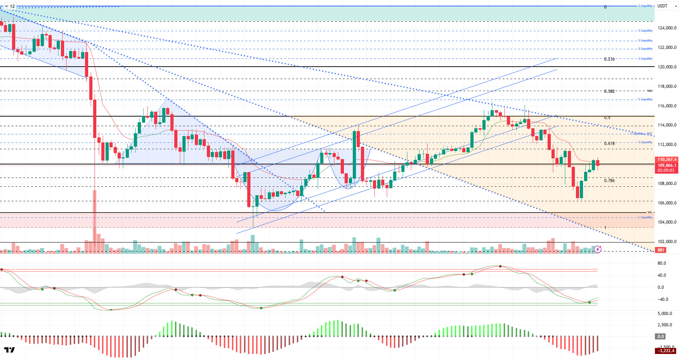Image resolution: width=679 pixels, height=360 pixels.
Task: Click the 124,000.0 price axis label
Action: pyautogui.click(x=667, y=28)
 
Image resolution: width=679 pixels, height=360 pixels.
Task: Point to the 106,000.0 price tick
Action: pyautogui.click(x=667, y=203)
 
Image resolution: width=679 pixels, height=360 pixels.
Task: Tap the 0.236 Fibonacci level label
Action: pyautogui.click(x=609, y=59)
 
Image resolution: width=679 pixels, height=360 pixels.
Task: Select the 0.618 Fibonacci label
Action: pyautogui.click(x=609, y=144)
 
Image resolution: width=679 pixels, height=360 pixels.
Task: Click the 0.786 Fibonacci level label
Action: pyautogui.click(x=609, y=181)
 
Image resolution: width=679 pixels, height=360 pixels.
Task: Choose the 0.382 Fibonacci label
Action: pyautogui.click(x=609, y=91)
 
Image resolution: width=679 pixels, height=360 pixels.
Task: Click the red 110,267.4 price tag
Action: pyautogui.click(x=667, y=159)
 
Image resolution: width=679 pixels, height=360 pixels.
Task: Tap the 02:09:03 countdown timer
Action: pyautogui.click(x=666, y=170)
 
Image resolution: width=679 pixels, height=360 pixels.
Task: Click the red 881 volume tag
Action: pyautogui.click(x=661, y=250)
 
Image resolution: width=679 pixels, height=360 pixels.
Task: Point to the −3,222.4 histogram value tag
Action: pyautogui.click(x=666, y=351)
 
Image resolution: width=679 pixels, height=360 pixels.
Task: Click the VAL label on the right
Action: pyautogui.click(x=650, y=212)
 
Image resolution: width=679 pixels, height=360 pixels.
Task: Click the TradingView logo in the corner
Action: pyautogui.click(x=10, y=350)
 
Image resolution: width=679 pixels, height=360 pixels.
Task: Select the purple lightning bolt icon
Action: pyautogui.click(x=598, y=249)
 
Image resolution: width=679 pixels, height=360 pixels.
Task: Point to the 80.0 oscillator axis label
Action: pyautogui.click(x=661, y=263)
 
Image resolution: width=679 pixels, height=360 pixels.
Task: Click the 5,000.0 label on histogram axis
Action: pyautogui.click(x=664, y=314)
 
